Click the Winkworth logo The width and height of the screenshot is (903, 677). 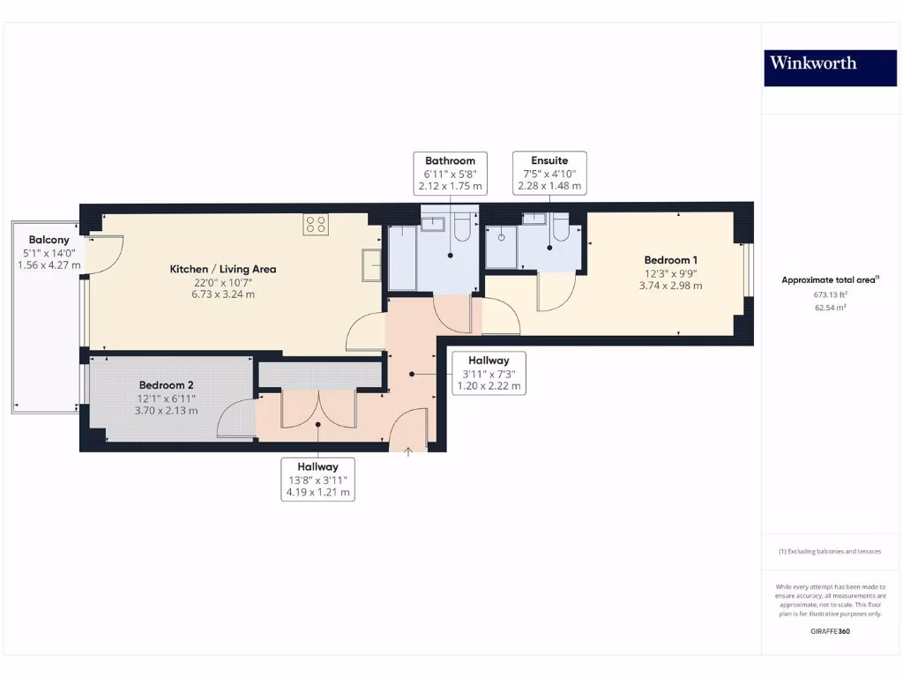pyautogui.click(x=812, y=63)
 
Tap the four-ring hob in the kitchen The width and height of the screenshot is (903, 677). pyautogui.click(x=316, y=225)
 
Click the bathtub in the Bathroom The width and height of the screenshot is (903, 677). pyautogui.click(x=403, y=257)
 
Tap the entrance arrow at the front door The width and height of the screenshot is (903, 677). pyautogui.click(x=408, y=453)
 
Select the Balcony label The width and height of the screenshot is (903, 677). pyautogui.click(x=49, y=240)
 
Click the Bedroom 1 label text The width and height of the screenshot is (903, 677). pyautogui.click(x=671, y=260)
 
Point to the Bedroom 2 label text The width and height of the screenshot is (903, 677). pyautogui.click(x=167, y=385)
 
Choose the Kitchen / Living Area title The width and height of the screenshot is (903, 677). pyautogui.click(x=223, y=269)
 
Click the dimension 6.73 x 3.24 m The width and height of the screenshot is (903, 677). pyautogui.click(x=223, y=294)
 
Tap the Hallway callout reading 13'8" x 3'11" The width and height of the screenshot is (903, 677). pyautogui.click(x=317, y=480)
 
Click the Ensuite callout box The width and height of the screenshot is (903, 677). pyautogui.click(x=549, y=173)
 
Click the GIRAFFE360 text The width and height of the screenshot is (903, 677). pyautogui.click(x=831, y=631)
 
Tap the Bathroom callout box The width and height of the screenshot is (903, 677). pyautogui.click(x=450, y=173)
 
